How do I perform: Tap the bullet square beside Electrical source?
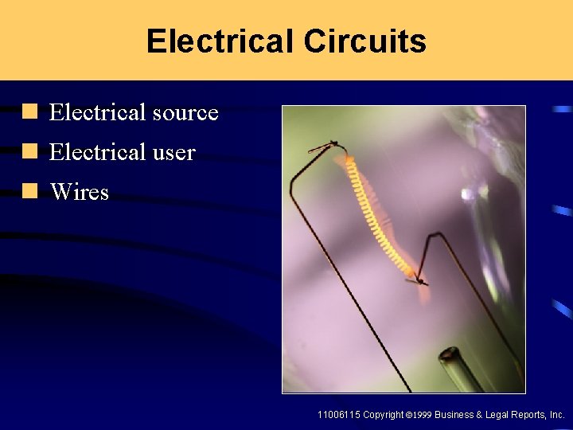(30, 112)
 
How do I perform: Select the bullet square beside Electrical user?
(30, 151)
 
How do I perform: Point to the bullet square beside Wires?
(30, 191)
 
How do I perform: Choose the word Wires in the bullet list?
(79, 192)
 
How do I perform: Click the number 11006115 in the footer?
(338, 415)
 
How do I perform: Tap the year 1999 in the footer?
(423, 416)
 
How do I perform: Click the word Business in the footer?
(454, 415)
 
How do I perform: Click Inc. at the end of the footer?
(558, 415)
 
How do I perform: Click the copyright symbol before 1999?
(407, 416)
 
